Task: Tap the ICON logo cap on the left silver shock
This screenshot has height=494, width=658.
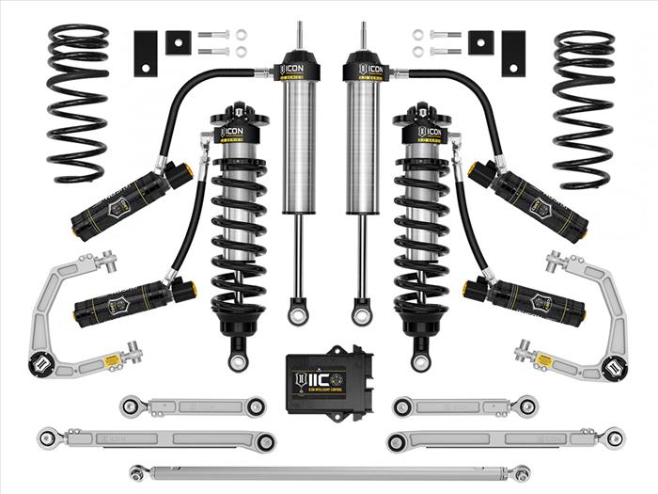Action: [299, 70]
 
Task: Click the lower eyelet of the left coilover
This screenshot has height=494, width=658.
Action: [238, 359]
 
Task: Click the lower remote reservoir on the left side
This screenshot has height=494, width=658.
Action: [132, 300]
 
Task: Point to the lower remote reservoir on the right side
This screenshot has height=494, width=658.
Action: [526, 300]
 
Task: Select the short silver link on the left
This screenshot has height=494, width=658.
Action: [193, 406]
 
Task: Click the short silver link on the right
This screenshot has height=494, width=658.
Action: [464, 406]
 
